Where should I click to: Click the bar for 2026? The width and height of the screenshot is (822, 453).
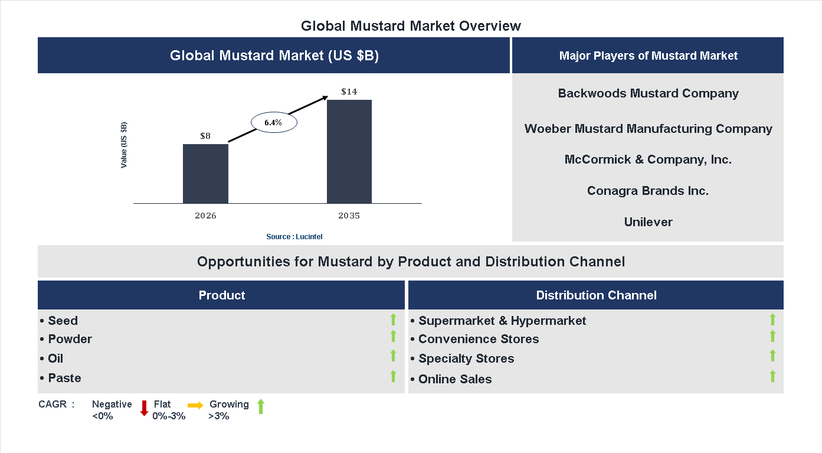(205, 174)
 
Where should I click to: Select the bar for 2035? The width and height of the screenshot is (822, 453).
(349, 152)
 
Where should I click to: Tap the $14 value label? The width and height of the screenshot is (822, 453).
(349, 92)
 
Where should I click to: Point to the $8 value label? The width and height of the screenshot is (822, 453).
(205, 136)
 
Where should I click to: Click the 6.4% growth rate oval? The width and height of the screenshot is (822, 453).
(273, 122)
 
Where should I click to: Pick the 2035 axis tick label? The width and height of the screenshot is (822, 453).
(349, 216)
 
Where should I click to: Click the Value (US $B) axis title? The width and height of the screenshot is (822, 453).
(124, 145)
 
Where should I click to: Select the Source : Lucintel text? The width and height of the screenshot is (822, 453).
(294, 236)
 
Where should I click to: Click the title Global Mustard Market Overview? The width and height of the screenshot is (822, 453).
(411, 26)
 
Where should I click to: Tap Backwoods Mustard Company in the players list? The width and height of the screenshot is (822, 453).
(648, 93)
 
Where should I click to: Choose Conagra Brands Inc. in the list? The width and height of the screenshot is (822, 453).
(648, 191)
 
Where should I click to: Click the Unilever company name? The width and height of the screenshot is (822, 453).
(648, 222)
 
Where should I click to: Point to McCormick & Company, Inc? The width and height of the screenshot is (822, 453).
(648, 159)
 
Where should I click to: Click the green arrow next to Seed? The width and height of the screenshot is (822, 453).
(393, 320)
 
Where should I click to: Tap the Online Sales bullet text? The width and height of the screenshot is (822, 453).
(454, 379)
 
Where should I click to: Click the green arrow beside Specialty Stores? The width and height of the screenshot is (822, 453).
(772, 356)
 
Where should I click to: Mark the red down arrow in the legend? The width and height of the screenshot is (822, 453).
(144, 408)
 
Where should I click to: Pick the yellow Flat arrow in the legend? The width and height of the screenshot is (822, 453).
(195, 405)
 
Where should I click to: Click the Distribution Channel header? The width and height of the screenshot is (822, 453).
(596, 295)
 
